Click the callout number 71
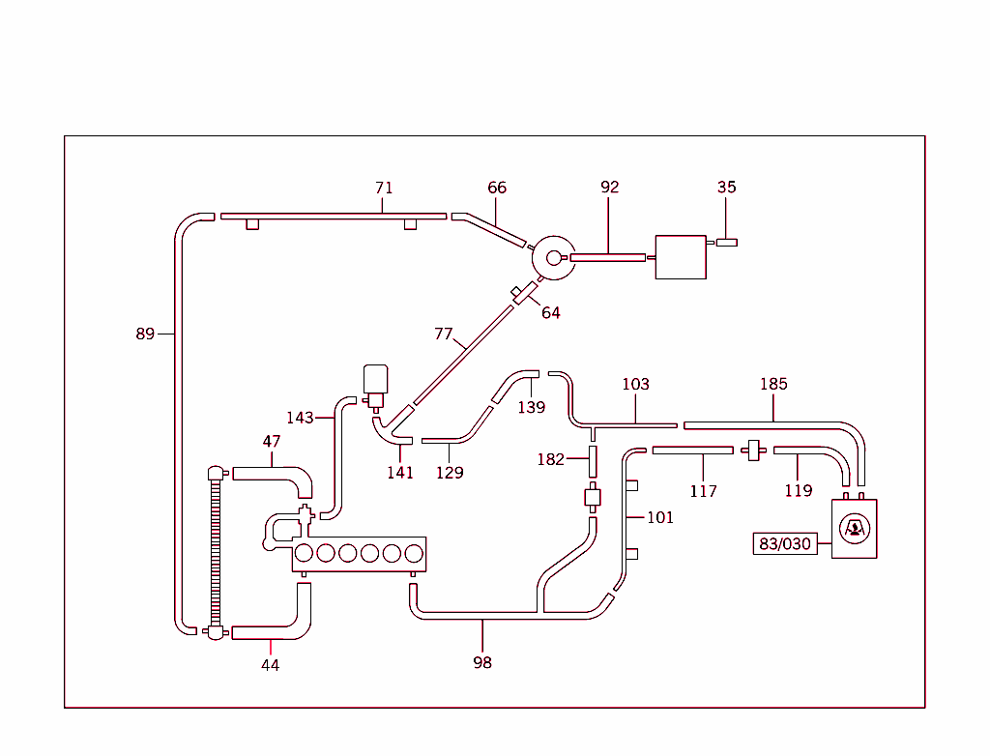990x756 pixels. [384, 189]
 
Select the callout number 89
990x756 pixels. [145, 334]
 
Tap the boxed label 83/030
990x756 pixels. [784, 544]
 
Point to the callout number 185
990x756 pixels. [773, 384]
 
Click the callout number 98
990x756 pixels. [482, 662]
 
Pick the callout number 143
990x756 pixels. [300, 418]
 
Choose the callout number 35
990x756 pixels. [727, 188]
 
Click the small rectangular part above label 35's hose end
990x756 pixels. [727, 242]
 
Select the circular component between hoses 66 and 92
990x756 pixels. [554, 257]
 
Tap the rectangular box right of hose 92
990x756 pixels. [681, 257]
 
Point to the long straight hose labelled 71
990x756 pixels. [334, 216]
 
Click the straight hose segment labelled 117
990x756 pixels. [692, 450]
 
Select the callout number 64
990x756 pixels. [551, 313]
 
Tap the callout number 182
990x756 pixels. [550, 459]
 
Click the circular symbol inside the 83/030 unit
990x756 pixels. [854, 528]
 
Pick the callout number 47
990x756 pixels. [272, 442]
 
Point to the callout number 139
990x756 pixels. [531, 407]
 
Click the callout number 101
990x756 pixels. [660, 517]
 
